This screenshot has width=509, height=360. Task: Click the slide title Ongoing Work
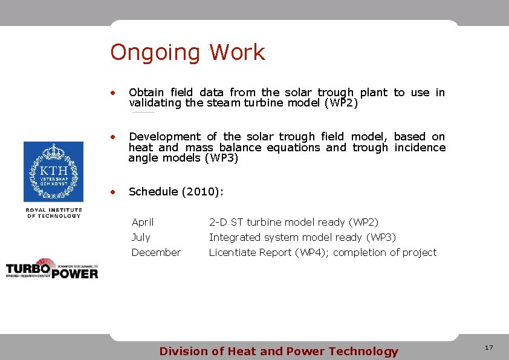point(187,53)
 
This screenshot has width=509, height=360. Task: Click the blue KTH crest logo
point(53,172)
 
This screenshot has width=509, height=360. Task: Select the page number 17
point(488,348)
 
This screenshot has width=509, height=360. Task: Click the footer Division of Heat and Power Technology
point(278,352)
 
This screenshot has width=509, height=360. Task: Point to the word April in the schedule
point(143,223)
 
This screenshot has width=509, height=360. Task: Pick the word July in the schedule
point(141,237)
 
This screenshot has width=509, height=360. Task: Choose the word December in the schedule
point(156,252)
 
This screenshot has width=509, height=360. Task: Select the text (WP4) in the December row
point(311,252)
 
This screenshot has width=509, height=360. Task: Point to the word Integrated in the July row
point(235,237)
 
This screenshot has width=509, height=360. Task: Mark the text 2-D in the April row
point(218,223)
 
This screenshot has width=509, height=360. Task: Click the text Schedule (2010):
point(176,192)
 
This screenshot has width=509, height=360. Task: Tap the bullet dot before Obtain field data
point(112,93)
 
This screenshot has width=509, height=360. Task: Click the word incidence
point(420,148)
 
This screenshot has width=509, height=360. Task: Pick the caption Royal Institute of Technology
point(53,213)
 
